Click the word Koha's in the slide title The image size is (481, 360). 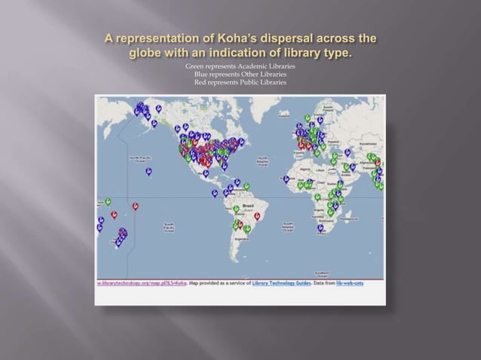pos(235,39)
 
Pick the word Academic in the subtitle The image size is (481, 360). pos(243,68)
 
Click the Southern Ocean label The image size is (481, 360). pos(343,273)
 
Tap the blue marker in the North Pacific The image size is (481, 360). pos(149,172)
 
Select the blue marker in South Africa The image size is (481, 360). pos(320,227)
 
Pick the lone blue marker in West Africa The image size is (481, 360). pos(286,178)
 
